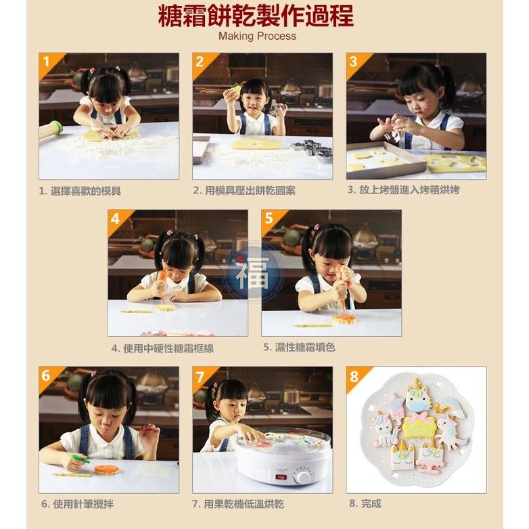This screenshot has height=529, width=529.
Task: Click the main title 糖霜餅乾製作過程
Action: click(x=256, y=16)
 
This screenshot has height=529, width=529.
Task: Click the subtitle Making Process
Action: click(x=257, y=37)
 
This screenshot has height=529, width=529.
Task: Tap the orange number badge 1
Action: click(x=47, y=62)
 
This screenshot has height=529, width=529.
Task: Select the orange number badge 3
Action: click(x=354, y=62)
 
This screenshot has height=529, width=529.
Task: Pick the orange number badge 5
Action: click(x=269, y=218)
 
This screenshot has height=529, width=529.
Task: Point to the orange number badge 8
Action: click(x=354, y=376)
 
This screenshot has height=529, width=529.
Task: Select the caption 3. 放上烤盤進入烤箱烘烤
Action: click(x=403, y=190)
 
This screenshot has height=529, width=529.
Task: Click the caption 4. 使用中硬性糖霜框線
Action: click(x=163, y=348)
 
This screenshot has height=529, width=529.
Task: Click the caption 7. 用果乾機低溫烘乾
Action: click(x=237, y=504)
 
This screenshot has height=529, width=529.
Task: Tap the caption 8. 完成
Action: click(x=365, y=504)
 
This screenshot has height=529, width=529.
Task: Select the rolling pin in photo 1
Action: click(x=50, y=129)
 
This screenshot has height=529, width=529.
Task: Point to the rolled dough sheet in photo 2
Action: click(x=256, y=144)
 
